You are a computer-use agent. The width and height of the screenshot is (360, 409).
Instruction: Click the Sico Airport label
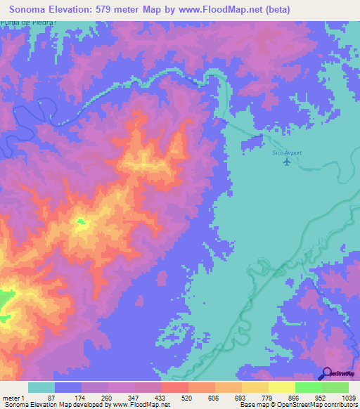pos(286,152)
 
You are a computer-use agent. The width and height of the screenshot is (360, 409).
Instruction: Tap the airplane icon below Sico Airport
pos(286,162)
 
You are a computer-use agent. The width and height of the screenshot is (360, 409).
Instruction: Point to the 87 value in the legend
pos(61,398)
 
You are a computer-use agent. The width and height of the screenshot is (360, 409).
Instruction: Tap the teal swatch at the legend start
pos(41,387)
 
